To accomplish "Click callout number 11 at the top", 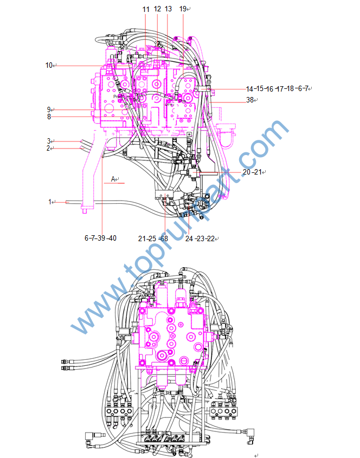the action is coord(146,9).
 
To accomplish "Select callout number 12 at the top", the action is coord(157,9).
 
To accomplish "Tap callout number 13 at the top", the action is coord(168,9).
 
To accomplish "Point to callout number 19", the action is coord(183,9).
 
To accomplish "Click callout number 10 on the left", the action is coord(49,65).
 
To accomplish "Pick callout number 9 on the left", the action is coord(49,109).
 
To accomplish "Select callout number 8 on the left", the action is coord(49,117).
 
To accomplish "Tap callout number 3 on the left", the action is coord(49,141).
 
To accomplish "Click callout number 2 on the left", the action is coord(48,149).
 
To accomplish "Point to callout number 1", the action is coord(50,202).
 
